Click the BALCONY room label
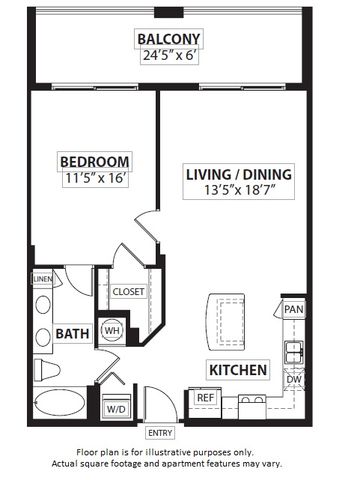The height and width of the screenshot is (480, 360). (x=169, y=39)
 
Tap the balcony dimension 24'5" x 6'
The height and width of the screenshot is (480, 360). (x=169, y=55)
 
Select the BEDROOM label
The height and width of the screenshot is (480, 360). (x=95, y=162)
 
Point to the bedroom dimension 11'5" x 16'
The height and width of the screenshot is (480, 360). (x=95, y=178)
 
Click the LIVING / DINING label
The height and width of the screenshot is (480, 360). (x=239, y=175)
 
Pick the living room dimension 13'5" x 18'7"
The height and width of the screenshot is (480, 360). (x=239, y=190)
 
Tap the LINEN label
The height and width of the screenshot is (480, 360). (x=43, y=279)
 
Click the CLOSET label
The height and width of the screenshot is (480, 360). (x=128, y=292)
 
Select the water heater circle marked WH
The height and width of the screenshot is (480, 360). (x=112, y=331)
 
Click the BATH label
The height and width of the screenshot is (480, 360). (x=72, y=334)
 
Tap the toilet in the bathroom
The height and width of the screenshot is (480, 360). (x=47, y=370)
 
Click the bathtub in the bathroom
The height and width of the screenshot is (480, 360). (x=60, y=402)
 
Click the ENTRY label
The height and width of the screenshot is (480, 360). (x=160, y=433)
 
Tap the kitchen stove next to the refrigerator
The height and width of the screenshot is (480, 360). (x=252, y=407)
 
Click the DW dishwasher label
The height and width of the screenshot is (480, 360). (x=294, y=379)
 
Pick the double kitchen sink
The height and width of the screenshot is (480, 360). (x=294, y=352)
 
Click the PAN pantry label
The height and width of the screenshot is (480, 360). (x=294, y=309)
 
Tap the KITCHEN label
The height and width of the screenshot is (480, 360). (x=238, y=370)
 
